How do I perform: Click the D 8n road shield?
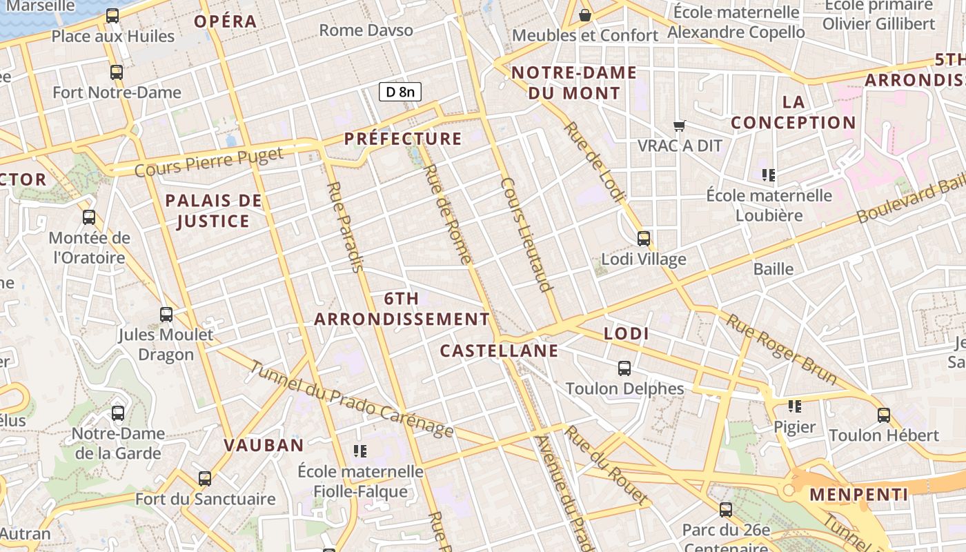click(400, 91)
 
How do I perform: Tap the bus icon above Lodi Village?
click(644, 239)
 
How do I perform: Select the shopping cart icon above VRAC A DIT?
click(680, 126)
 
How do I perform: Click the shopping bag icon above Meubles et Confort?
click(585, 14)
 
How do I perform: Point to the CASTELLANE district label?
click(499, 351)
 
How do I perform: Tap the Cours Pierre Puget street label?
click(209, 161)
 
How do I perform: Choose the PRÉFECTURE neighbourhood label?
click(403, 139)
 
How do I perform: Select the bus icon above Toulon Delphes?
click(624, 368)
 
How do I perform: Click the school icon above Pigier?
click(795, 406)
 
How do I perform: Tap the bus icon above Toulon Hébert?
click(884, 415)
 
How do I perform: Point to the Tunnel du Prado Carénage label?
click(351, 399)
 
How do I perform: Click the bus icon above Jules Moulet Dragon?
click(166, 315)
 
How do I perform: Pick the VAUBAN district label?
click(264, 445)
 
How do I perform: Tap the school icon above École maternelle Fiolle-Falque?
click(360, 451)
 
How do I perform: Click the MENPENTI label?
click(858, 495)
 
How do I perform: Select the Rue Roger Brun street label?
click(782, 349)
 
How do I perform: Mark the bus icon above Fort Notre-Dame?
click(117, 72)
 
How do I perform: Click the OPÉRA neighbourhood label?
click(225, 21)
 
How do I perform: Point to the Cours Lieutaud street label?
click(528, 235)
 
